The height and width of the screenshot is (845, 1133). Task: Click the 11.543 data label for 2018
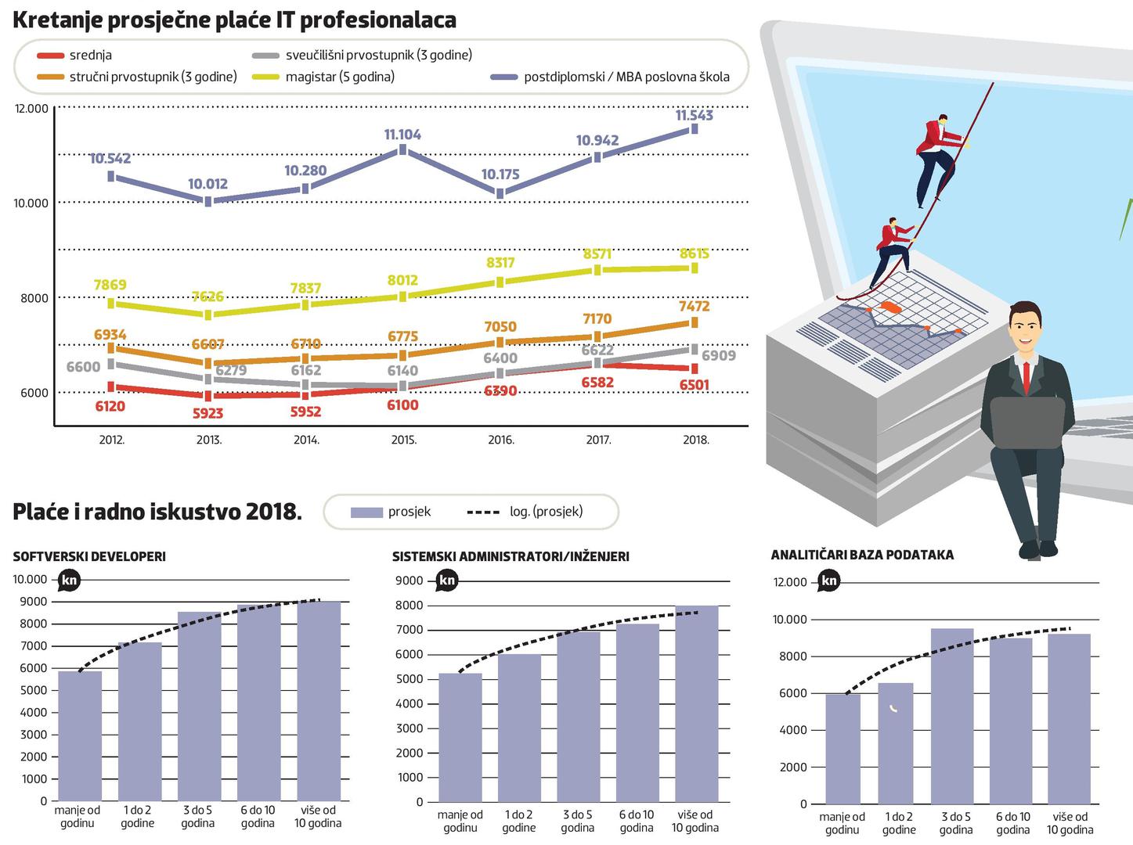694,116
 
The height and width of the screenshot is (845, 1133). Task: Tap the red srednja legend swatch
50,55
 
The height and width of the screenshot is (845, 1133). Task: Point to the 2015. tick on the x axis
403,440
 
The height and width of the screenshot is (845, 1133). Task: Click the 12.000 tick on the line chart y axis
31,109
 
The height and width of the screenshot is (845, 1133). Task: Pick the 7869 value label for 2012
110,285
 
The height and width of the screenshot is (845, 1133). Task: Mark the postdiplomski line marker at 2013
208,201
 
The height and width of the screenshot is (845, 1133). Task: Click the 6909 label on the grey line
718,356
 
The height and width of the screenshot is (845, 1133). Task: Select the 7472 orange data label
695,307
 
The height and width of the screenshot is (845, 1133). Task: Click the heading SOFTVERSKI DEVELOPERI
89,557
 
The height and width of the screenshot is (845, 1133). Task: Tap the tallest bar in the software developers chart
319,700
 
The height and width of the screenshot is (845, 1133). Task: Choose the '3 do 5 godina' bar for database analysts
952,716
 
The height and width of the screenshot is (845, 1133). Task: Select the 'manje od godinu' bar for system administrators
460,737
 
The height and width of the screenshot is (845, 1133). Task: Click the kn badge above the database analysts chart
829,581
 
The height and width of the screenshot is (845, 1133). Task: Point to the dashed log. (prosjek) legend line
483,512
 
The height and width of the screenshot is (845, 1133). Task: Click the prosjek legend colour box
366,512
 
